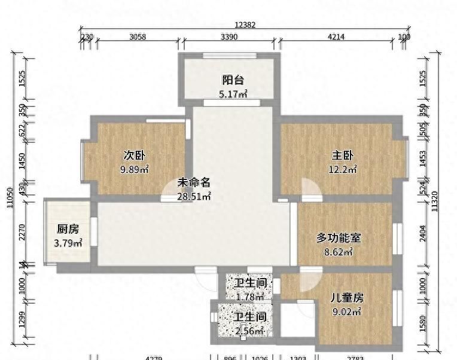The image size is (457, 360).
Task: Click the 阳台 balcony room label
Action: [233, 80]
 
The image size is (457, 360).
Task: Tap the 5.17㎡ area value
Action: [233, 93]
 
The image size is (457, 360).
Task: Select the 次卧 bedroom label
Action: [135, 155]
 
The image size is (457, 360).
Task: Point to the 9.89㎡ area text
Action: [135, 169]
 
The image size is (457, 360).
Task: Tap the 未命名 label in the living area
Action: [194, 183]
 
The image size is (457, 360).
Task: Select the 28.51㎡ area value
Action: [194, 196]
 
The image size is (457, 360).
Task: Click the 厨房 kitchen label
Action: [68, 229]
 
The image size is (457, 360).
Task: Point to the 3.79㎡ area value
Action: [68, 243]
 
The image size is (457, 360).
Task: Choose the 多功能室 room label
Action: [339, 238]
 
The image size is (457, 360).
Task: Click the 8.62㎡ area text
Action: [339, 252]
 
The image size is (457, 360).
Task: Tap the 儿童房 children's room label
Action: [347, 298]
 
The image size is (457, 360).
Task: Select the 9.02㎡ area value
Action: [347, 311]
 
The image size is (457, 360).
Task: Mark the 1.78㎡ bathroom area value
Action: [250, 296]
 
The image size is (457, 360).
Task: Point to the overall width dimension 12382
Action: [245, 25]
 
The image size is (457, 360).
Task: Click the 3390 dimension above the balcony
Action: [229, 37]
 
